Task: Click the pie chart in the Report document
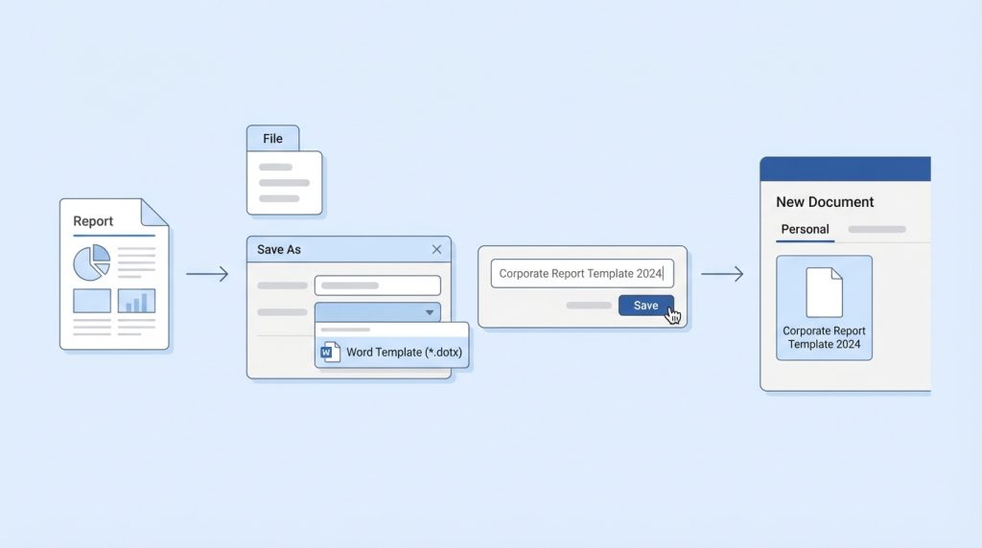[91, 263]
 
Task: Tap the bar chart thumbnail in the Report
[136, 301]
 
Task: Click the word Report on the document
[93, 220]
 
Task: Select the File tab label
[272, 138]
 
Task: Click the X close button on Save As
[436, 250]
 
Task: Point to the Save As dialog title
[279, 250]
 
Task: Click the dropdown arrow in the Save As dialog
[430, 312]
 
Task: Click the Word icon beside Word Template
[330, 353]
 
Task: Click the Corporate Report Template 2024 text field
[582, 273]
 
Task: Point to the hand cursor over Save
[673, 315]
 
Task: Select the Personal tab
[805, 230]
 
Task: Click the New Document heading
[825, 202]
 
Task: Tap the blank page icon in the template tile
[824, 292]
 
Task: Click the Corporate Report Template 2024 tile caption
[824, 338]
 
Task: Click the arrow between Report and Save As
[207, 273]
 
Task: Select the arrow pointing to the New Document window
[722, 273]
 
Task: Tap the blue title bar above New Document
[846, 169]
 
